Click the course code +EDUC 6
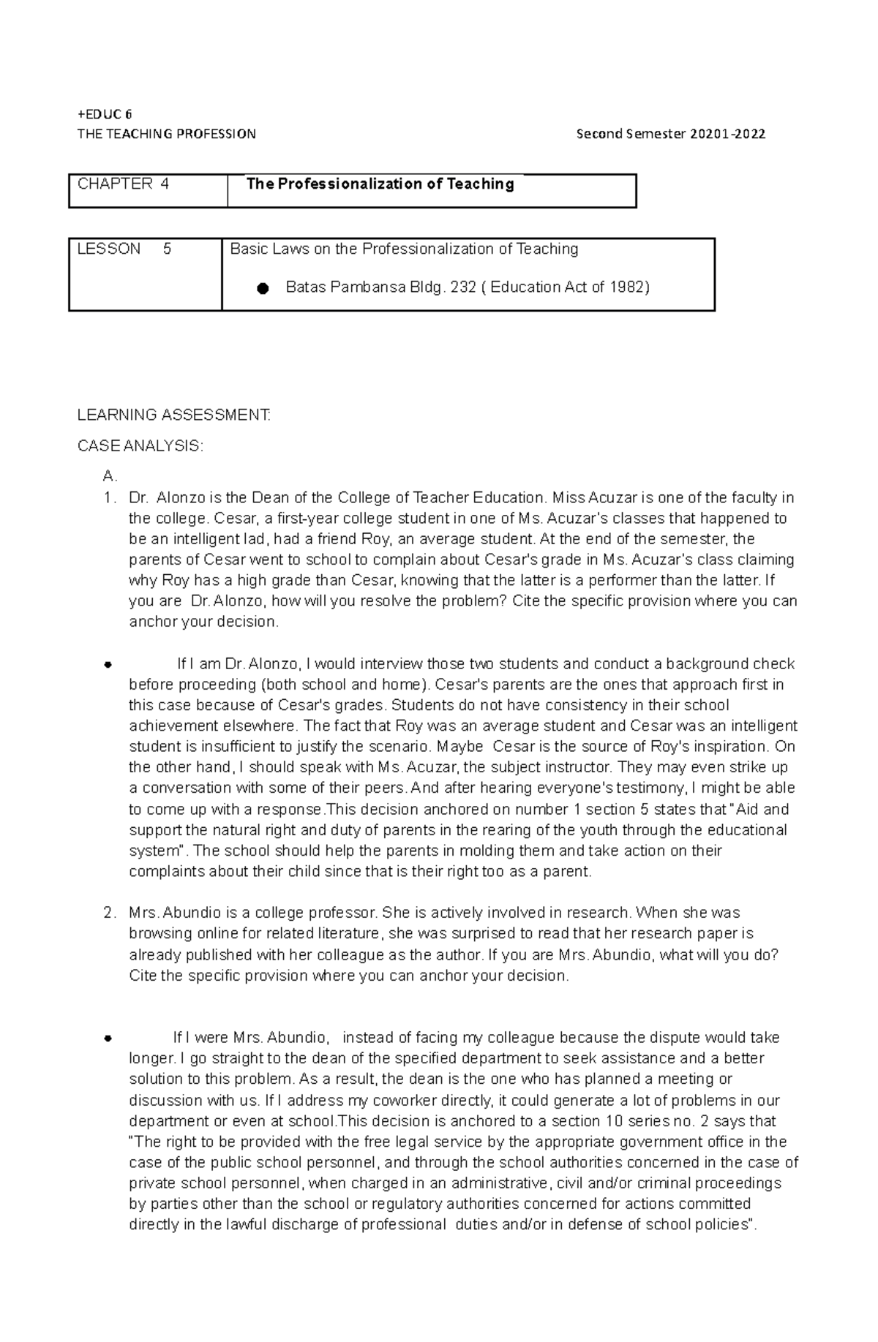point(105,114)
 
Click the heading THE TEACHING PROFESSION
point(167,134)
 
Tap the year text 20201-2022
point(727,134)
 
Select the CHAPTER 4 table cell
point(123,184)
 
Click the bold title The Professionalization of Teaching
point(380,184)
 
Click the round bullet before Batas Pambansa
point(263,289)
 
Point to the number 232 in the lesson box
point(462,287)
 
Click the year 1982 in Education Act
point(627,287)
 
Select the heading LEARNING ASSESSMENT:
point(174,415)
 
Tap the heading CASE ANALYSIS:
point(140,446)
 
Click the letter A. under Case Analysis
point(110,477)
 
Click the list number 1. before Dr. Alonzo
point(110,499)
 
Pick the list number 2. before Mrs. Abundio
point(110,913)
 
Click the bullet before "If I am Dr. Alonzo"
point(108,666)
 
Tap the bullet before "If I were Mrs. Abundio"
point(108,1038)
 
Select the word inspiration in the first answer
point(725,747)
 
